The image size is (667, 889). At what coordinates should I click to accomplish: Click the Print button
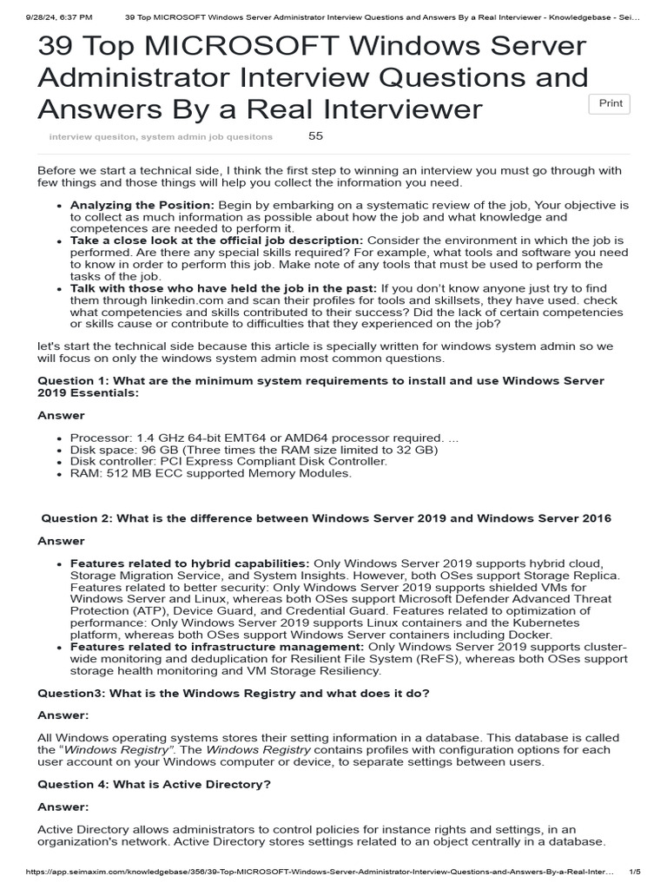(x=610, y=103)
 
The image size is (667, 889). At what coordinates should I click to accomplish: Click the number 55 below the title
(x=315, y=136)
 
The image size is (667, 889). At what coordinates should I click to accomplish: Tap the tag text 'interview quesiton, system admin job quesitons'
(x=161, y=137)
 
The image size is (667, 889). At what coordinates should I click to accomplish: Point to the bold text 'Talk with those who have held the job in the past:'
(x=223, y=287)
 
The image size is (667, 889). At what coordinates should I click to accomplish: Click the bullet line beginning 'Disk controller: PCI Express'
(x=228, y=461)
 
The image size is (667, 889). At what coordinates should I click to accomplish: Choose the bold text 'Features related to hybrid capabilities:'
(x=189, y=563)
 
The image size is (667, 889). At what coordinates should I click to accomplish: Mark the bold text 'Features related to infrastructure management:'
(x=217, y=647)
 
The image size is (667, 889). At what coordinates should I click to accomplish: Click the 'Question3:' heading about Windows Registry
(x=233, y=694)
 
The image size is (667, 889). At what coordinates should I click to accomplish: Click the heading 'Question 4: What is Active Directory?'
(x=155, y=784)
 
